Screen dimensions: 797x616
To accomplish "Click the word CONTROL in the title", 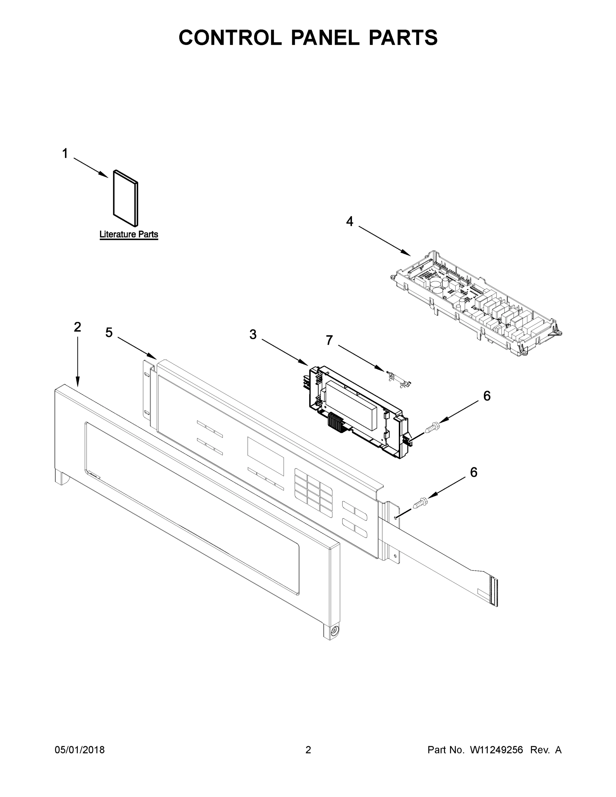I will point(230,38).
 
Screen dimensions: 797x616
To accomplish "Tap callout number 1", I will point(65,154).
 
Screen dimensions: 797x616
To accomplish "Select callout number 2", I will point(77,327).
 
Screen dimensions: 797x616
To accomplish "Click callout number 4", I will point(350,221).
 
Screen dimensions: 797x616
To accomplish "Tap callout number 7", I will point(329,340).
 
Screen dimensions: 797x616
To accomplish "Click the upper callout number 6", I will point(487,396).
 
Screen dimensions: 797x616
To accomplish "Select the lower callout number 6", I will point(473,473).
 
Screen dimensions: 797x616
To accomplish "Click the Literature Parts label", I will point(129,234).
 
